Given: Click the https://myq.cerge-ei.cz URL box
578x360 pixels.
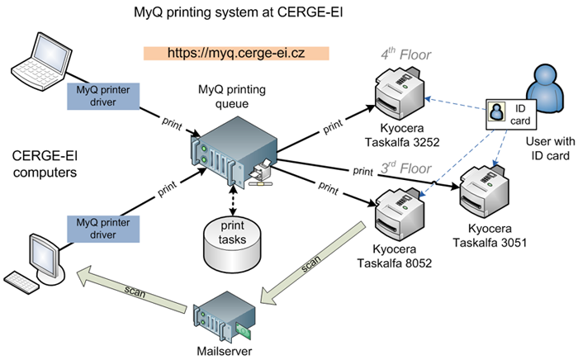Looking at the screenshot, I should (x=236, y=53).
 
